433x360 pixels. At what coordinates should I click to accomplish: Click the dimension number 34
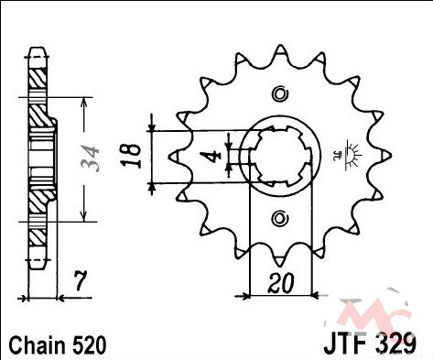(x=90, y=158)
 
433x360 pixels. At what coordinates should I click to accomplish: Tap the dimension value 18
(x=132, y=156)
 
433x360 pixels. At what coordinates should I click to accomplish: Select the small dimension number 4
(x=215, y=156)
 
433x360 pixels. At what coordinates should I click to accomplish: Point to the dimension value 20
(x=280, y=283)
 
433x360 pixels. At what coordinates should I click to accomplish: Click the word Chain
(x=38, y=345)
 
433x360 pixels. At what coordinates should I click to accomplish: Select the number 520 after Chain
(x=89, y=345)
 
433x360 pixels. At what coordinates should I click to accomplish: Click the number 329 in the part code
(x=395, y=344)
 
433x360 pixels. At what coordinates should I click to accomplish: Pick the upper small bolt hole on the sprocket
(x=280, y=93)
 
